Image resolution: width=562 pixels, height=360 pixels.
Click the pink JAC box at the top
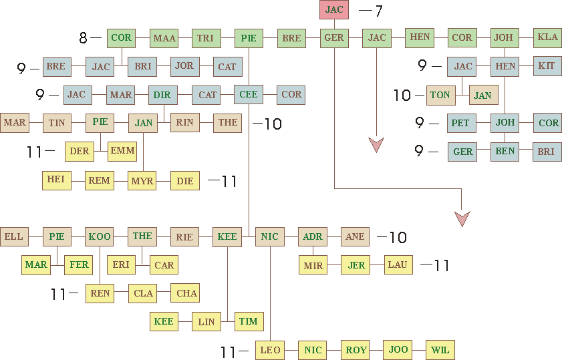click(x=334, y=10)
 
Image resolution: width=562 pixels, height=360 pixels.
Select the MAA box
click(x=164, y=38)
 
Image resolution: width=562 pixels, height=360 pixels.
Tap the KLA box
click(x=547, y=37)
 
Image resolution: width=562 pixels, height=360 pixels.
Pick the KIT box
click(x=547, y=66)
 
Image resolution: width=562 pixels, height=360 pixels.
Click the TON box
click(x=440, y=96)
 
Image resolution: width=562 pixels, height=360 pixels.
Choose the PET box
click(x=460, y=124)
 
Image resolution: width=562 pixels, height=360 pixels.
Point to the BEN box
click(x=505, y=152)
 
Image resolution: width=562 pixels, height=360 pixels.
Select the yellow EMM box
click(x=122, y=151)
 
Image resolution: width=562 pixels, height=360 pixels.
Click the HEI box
click(x=56, y=180)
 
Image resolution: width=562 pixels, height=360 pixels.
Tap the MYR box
click(x=142, y=181)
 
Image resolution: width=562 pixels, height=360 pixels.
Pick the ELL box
click(x=13, y=236)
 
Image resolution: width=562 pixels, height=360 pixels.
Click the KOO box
click(x=99, y=236)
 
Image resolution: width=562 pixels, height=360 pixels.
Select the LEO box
click(x=270, y=350)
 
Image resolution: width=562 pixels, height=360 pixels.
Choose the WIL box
click(x=440, y=350)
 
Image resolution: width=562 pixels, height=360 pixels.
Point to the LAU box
click(x=398, y=265)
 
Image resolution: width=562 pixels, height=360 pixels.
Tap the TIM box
click(x=248, y=321)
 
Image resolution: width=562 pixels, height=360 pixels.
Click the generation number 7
click(x=378, y=11)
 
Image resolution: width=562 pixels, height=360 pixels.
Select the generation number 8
click(x=83, y=38)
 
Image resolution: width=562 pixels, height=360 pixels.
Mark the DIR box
click(x=162, y=95)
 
